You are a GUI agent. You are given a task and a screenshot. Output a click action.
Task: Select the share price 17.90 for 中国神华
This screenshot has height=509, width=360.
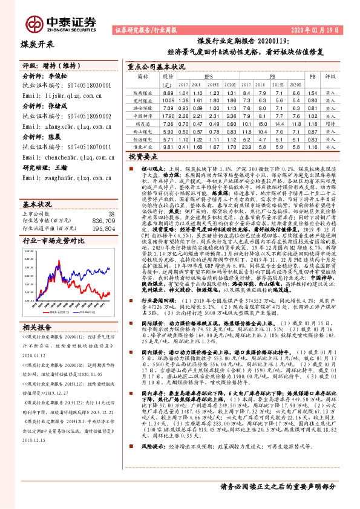coord(168,115)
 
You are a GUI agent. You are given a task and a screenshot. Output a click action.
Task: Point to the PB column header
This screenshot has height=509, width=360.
coord(312,77)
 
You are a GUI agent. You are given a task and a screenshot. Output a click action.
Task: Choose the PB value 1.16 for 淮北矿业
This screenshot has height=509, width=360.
coord(312,146)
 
